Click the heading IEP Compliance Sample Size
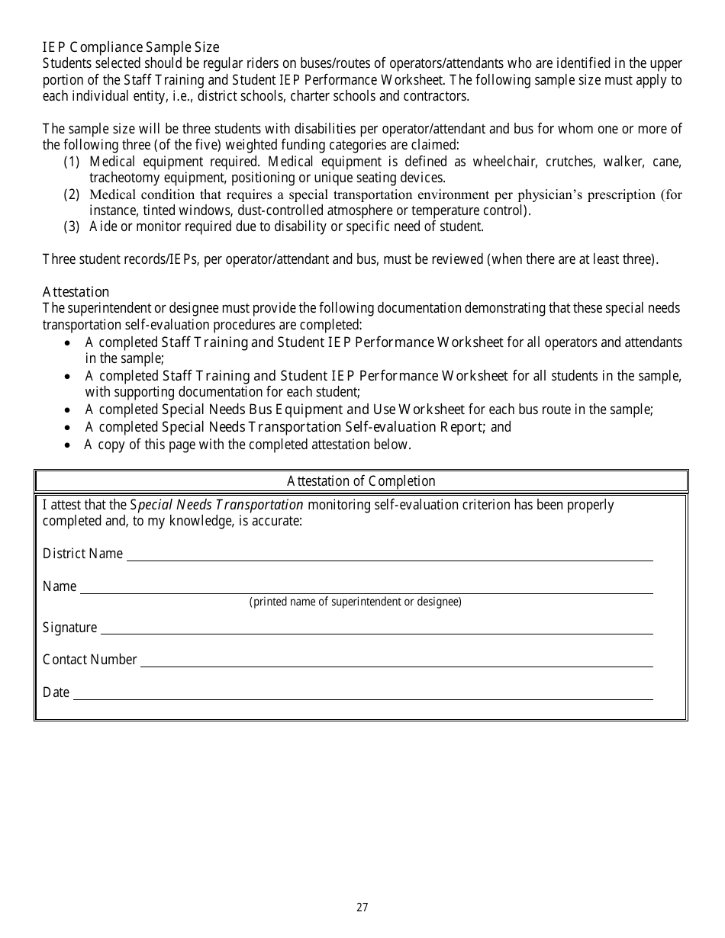click(x=130, y=47)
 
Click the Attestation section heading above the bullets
click(x=76, y=292)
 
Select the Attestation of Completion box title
click(x=361, y=481)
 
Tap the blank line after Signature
click(x=376, y=629)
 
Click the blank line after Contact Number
click(x=396, y=662)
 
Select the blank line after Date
click(x=362, y=695)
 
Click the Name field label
click(x=60, y=586)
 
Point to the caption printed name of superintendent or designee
click(x=355, y=602)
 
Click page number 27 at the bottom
click(x=362, y=907)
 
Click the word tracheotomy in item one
click(x=122, y=178)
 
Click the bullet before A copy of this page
click(x=69, y=445)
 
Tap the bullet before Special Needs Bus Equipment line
click(x=69, y=410)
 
